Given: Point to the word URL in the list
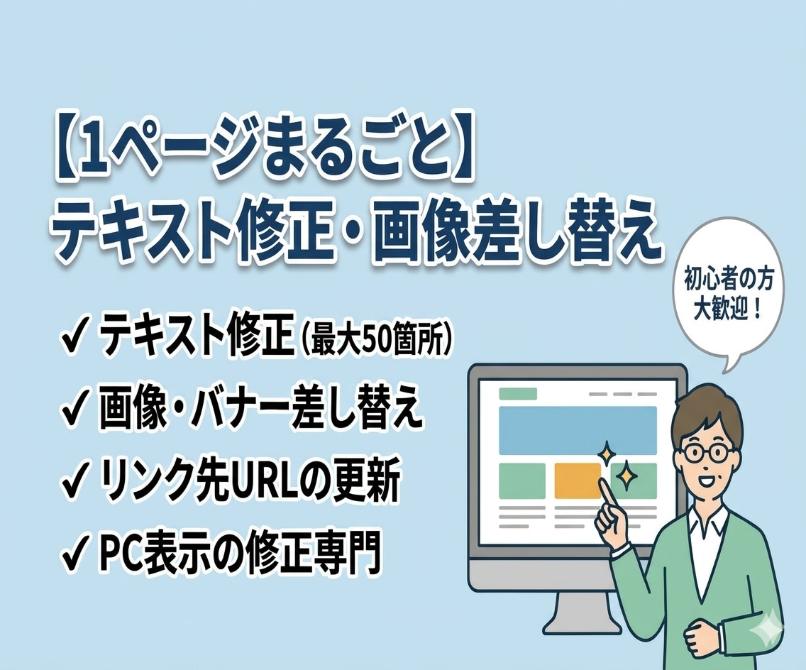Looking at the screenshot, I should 263,483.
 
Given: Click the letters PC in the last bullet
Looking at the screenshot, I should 120,554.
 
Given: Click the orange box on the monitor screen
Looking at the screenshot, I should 578,480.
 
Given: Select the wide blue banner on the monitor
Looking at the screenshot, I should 578,430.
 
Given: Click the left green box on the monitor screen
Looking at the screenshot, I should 522,480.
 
